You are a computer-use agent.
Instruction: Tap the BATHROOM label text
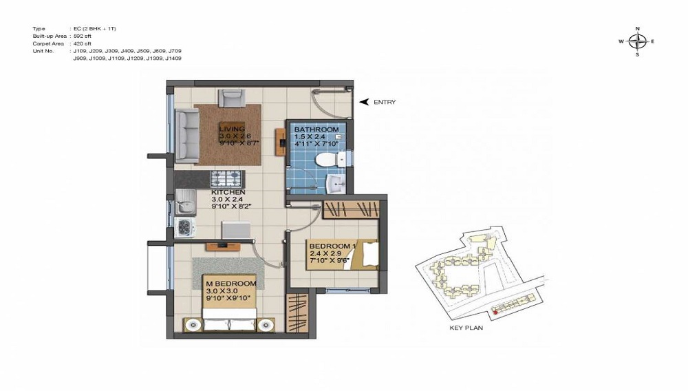pos(316,129)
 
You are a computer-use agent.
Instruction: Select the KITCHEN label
pos(228,192)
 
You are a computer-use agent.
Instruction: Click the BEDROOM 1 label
pos(332,246)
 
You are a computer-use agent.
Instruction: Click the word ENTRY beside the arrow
pos(385,102)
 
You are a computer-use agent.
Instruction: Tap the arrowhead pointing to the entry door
pos(365,101)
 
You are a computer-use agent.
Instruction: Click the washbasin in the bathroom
pos(335,184)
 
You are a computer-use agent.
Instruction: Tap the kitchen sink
pos(184,204)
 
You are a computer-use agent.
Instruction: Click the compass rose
pos(637,41)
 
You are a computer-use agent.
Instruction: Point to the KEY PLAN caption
pos(466,328)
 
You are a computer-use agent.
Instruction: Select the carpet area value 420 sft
pos(83,43)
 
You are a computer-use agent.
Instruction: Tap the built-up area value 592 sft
pos(83,36)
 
